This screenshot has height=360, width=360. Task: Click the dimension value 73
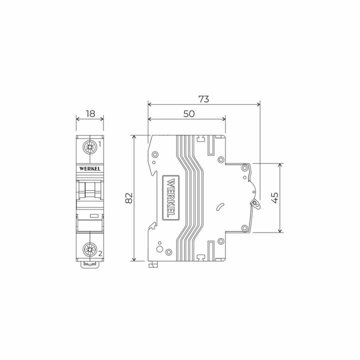[203, 98]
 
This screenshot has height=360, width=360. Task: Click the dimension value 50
[188, 113]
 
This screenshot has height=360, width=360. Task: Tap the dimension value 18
[90, 113]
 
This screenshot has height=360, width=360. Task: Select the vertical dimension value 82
[128, 198]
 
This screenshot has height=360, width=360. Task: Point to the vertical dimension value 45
[273, 197]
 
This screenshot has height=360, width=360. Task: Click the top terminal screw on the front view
[90, 147]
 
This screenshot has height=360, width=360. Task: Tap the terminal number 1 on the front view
[100, 144]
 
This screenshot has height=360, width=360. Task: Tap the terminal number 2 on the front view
[100, 253]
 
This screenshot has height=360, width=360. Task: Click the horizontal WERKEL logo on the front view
[90, 168]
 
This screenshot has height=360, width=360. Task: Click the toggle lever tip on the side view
[256, 203]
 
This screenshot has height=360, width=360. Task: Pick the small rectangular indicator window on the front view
[93, 216]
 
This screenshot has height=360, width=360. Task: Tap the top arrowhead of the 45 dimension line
[280, 165]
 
